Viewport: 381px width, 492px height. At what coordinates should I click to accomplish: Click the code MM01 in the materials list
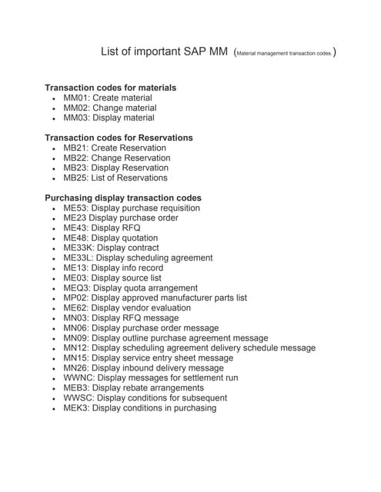pos(75,98)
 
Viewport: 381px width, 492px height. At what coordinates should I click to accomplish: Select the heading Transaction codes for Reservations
pos(119,138)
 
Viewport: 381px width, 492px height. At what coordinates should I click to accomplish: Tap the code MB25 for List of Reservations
pos(75,178)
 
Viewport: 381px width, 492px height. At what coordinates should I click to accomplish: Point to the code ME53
pos(75,208)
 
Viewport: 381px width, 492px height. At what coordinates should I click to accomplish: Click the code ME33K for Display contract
pos(78,248)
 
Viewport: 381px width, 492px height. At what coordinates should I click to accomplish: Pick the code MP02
pos(75,298)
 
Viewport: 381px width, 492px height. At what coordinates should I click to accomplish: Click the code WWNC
pos(77,378)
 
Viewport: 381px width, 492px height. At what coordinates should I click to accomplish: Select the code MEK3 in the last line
pos(75,408)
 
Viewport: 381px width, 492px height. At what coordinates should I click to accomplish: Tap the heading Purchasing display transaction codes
pos(123,198)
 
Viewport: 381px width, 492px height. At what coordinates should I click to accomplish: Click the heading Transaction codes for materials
pos(111,88)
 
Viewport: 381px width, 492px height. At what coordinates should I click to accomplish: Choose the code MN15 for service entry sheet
pos(75,358)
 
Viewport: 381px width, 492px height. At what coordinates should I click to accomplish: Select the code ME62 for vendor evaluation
pos(75,308)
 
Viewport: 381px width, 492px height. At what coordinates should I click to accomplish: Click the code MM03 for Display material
pos(75,118)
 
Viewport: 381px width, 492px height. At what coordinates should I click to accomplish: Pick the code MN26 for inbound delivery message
pos(75,368)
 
